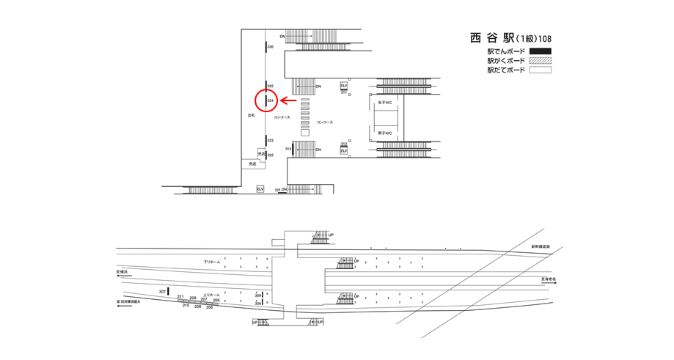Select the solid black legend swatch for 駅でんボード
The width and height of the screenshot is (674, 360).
540,51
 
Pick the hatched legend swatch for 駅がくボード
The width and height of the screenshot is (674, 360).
540,61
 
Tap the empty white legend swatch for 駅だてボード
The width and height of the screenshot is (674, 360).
540,70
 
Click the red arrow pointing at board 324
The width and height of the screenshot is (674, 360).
288,100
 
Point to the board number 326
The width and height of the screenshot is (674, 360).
271,47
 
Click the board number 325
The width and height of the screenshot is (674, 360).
271,86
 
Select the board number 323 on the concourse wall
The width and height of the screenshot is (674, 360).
271,140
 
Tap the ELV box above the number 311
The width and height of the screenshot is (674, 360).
343,86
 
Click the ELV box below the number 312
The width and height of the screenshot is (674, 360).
343,151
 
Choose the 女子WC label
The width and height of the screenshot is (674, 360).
384,103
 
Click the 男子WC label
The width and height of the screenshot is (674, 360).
384,133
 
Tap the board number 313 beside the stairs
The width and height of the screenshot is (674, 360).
288,149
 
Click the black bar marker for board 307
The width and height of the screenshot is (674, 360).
168,291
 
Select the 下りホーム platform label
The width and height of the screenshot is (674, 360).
211,262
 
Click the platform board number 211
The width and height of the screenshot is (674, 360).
180,297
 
